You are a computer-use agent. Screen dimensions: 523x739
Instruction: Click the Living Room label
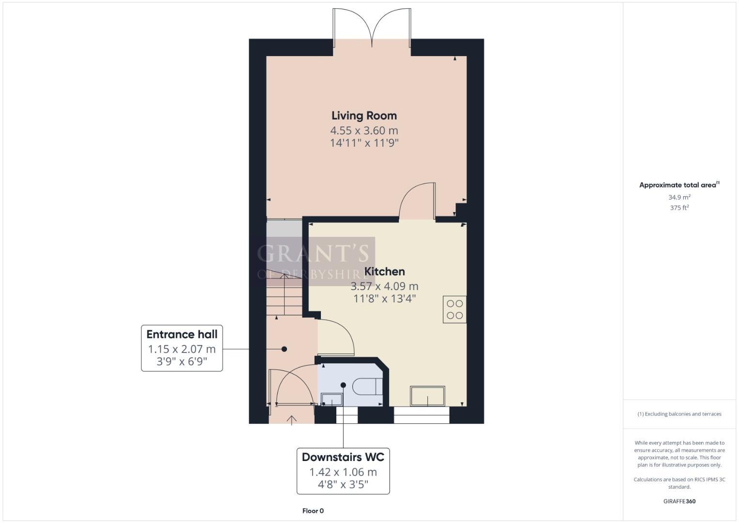pyautogui.click(x=364, y=116)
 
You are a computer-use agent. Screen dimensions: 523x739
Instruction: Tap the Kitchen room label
pyautogui.click(x=384, y=271)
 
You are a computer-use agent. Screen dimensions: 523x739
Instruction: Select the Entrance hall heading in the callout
pyautogui.click(x=182, y=334)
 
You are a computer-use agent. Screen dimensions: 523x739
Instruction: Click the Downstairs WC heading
pyautogui.click(x=343, y=457)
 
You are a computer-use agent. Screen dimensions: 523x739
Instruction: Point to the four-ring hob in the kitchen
pyautogui.click(x=454, y=309)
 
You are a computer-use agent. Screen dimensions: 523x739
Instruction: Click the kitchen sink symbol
pyautogui.click(x=427, y=396)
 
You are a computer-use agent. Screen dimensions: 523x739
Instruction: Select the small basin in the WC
pyautogui.click(x=332, y=400)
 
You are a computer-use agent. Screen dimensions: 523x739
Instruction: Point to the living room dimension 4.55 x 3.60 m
pyautogui.click(x=364, y=130)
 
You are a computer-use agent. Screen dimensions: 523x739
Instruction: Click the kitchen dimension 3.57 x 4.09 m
pyautogui.click(x=384, y=286)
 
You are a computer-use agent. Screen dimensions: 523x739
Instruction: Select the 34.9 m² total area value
pyautogui.click(x=679, y=197)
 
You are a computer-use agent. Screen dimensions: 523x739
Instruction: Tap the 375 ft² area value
pyautogui.click(x=679, y=208)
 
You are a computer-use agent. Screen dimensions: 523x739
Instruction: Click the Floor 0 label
pyautogui.click(x=313, y=511)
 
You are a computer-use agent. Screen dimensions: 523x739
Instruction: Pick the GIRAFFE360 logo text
pyautogui.click(x=679, y=501)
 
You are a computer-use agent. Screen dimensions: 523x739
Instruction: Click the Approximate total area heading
pyautogui.click(x=679, y=185)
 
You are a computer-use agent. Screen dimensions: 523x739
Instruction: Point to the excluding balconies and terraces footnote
pyautogui.click(x=679, y=414)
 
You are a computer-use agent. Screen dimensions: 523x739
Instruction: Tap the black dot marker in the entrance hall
pyautogui.click(x=284, y=349)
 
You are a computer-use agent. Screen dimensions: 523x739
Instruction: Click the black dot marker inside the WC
pyautogui.click(x=343, y=385)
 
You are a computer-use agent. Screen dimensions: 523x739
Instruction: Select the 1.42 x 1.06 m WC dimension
pyautogui.click(x=343, y=472)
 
